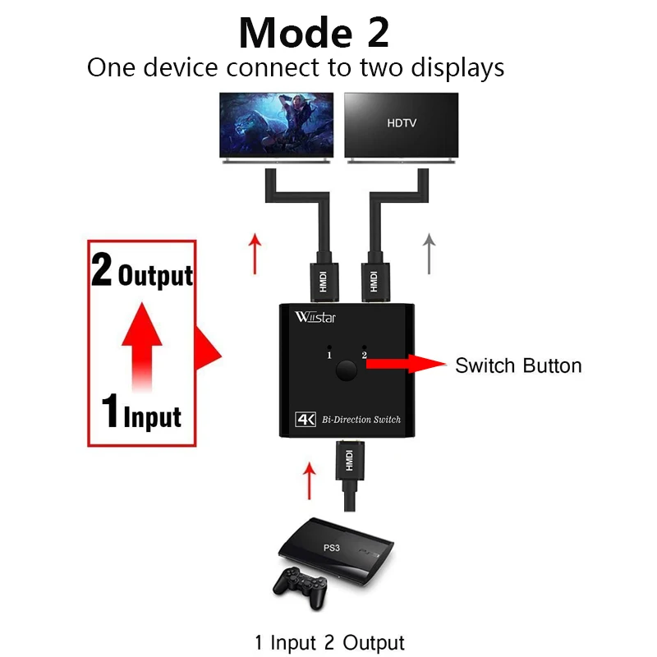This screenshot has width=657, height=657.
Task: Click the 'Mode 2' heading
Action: tap(314, 33)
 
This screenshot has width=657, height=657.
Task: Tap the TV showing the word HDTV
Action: tap(401, 127)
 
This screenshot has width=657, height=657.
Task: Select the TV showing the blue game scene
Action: tap(277, 127)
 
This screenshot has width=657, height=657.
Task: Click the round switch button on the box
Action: tap(346, 371)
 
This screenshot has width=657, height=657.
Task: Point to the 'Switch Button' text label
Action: tap(518, 365)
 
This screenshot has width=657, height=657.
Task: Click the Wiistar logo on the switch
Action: tap(315, 317)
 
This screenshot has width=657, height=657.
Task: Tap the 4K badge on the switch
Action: tap(306, 419)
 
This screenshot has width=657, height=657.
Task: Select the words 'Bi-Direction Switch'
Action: tap(361, 420)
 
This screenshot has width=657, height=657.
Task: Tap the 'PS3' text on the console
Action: tap(332, 548)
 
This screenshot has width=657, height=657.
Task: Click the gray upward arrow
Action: tap(429, 254)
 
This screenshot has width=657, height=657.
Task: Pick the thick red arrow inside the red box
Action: tap(142, 347)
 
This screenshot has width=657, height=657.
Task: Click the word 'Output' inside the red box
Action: tap(155, 276)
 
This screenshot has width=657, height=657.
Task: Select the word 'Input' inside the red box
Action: tap(153, 417)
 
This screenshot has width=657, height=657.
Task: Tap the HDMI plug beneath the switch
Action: tap(350, 460)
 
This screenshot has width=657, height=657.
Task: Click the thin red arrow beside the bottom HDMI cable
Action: tap(310, 481)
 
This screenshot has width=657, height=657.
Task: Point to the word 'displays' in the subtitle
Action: tap(457, 68)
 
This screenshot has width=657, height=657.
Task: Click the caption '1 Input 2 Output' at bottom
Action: tap(330, 642)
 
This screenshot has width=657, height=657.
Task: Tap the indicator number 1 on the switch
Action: tap(329, 356)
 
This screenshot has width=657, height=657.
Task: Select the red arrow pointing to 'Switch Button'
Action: tap(406, 364)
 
